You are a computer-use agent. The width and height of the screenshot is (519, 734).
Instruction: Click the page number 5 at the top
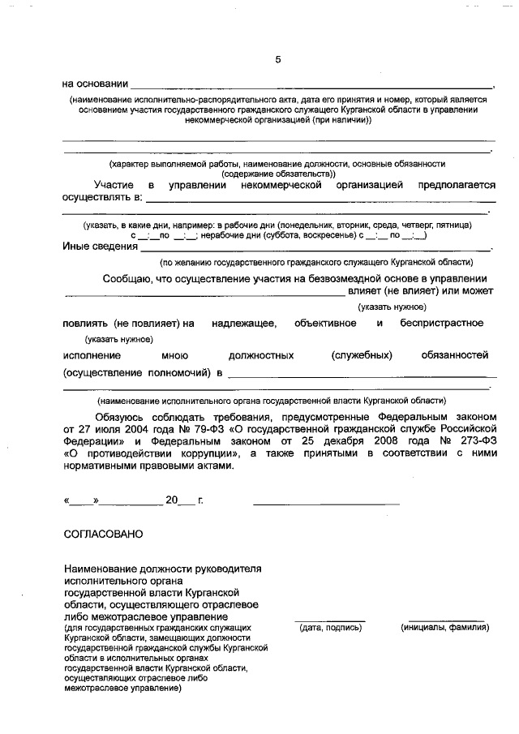click(278, 59)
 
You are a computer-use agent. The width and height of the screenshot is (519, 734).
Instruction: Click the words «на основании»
click(96, 84)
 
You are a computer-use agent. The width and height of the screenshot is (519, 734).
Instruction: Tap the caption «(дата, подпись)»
click(329, 628)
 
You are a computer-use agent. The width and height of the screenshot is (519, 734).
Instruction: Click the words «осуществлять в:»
click(102, 197)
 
